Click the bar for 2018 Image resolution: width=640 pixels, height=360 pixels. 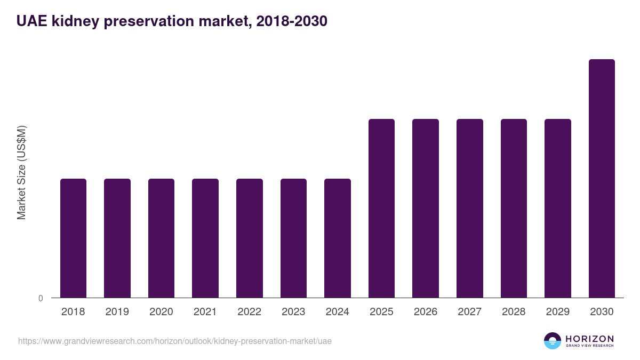coord(73,238)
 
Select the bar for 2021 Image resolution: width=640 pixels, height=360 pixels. coord(205,238)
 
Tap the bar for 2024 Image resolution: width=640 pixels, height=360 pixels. coord(338,238)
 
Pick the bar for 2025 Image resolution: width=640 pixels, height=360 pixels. coord(381,208)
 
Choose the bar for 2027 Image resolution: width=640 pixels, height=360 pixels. coord(470,208)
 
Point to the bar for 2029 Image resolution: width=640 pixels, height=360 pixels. coord(558,208)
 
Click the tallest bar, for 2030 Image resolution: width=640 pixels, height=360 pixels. coord(602,178)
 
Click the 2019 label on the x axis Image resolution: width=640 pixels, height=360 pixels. coord(117,312)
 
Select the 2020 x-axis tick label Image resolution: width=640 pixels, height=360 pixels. coord(161,312)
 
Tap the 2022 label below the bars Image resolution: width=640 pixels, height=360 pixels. coord(249,312)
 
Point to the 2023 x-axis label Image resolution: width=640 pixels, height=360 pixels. coord(293,312)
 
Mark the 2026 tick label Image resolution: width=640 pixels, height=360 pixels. coord(426,312)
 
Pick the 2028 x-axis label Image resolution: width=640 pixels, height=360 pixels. coord(514,312)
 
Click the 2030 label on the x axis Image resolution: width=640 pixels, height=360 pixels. coord(602,312)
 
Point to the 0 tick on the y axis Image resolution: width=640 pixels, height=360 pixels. coord(41,298)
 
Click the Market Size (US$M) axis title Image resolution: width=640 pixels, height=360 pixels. coord(21,173)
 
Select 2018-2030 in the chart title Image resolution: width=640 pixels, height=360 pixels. coord(291,21)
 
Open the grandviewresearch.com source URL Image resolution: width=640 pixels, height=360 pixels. coord(175,341)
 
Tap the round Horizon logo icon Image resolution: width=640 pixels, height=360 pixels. coord(553,341)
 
